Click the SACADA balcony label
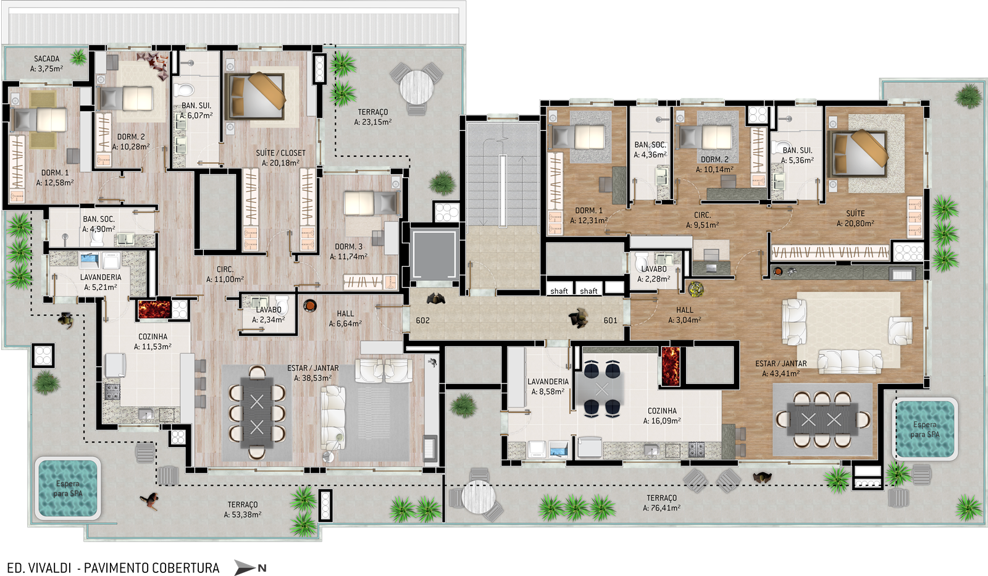[x=47, y=59]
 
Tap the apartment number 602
[x=422, y=320]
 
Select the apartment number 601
[x=611, y=320]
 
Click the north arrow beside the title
[x=249, y=567]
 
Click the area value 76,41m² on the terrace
[x=661, y=507]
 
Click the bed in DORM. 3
[x=371, y=203]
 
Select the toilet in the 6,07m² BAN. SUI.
[x=184, y=90]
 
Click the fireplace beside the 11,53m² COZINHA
[x=154, y=309]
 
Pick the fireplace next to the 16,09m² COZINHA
[x=671, y=366]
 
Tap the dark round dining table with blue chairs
[x=602, y=388]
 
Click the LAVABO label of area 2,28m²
[x=654, y=269]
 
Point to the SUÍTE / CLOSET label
[x=280, y=153]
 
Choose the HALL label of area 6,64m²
[x=345, y=314]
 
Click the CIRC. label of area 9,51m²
[x=702, y=215]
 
